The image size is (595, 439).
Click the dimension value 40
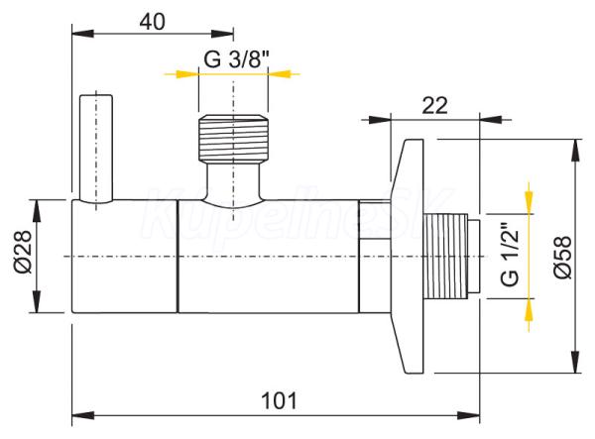(152, 22)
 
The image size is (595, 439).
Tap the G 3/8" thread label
(236, 59)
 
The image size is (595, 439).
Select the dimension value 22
(435, 105)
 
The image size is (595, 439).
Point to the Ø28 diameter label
(23, 252)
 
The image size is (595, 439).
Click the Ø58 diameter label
(562, 258)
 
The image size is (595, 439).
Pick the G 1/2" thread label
(510, 257)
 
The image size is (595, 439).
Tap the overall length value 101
(279, 400)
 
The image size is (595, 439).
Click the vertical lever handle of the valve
(96, 149)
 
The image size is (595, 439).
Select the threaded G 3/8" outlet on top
(233, 138)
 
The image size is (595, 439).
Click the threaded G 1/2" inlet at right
(451, 257)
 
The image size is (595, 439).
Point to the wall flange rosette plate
(408, 257)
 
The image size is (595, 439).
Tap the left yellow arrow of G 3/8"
(181, 74)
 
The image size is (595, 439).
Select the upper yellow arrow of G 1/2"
(529, 197)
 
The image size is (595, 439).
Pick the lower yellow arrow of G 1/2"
(529, 315)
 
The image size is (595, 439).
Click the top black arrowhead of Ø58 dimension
(576, 150)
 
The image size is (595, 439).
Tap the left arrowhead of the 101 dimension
(82, 415)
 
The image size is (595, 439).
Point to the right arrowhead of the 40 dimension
(222, 34)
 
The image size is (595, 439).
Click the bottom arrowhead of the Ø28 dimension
(37, 302)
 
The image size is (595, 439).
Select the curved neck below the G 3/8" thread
(233, 184)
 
